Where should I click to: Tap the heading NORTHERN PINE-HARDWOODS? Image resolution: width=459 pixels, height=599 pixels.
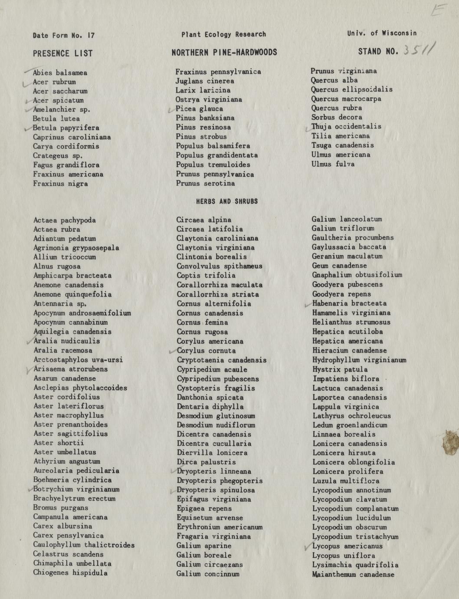tap(224, 53)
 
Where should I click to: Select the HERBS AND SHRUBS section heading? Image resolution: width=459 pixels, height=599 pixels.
tap(227, 201)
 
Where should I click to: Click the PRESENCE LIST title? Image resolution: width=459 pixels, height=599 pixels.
tap(62, 53)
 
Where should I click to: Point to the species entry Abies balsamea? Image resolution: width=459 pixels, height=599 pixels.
tap(60, 72)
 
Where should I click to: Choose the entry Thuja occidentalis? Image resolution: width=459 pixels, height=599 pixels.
tap(346, 126)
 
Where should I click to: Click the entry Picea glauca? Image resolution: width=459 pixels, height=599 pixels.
tap(199, 109)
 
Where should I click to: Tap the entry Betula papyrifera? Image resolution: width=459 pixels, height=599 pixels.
tap(66, 128)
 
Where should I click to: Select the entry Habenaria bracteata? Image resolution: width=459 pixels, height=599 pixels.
tap(349, 303)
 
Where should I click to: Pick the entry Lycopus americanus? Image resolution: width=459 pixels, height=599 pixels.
tap(347, 546)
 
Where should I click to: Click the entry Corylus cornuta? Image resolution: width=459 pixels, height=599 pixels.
tap(206, 350)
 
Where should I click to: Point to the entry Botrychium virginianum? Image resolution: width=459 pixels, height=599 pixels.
tap(76, 489)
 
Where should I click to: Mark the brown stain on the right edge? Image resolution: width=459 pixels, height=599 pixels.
tap(450, 442)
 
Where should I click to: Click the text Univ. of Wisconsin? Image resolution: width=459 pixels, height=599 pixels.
tap(382, 33)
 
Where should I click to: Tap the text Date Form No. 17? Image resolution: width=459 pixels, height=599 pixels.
tap(64, 35)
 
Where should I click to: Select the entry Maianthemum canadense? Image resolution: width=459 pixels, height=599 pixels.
tap(353, 574)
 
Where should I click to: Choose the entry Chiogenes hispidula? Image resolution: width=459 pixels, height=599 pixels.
tap(70, 573)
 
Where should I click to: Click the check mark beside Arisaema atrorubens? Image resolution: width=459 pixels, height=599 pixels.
tap(29, 370)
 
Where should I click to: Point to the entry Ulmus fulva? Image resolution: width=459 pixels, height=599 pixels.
tap(333, 164)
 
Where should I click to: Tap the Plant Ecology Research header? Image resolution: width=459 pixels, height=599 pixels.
tap(223, 34)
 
